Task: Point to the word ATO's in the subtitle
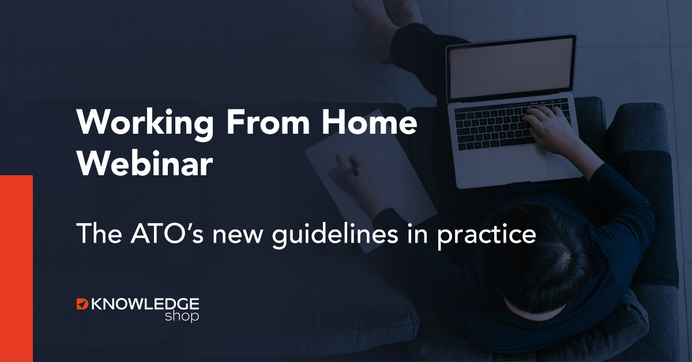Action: click(x=167, y=233)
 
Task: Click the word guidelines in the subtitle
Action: click(x=335, y=234)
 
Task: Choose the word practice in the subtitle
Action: click(x=487, y=235)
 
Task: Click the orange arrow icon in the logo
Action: click(x=82, y=304)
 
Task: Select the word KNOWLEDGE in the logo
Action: click(x=145, y=304)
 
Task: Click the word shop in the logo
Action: click(x=182, y=316)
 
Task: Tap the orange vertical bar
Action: click(x=16, y=269)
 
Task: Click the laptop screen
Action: click(x=512, y=67)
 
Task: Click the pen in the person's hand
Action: click(x=354, y=167)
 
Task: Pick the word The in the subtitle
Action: click(x=99, y=233)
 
